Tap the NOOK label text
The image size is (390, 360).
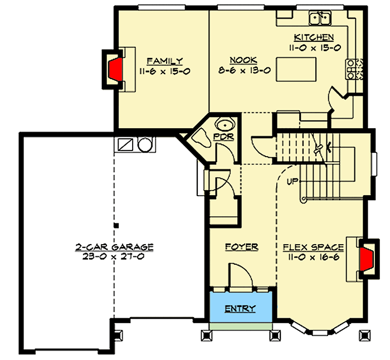[243, 61]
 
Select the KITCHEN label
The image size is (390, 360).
[314, 37]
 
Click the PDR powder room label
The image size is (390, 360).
[227, 137]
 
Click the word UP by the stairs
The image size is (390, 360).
[291, 181]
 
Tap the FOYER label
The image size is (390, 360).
[241, 246]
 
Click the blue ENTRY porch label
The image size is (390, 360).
[240, 308]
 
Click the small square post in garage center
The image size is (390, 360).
[115, 225]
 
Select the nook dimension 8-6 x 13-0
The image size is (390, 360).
[243, 70]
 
